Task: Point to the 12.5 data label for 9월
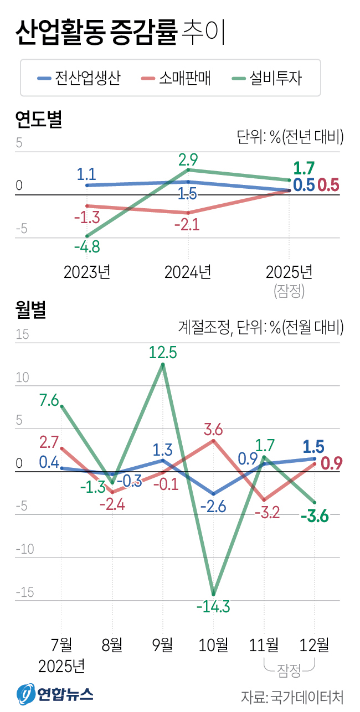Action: click(x=163, y=352)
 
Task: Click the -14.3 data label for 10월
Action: click(x=213, y=606)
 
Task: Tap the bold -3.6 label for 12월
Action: click(x=315, y=517)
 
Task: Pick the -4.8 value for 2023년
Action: click(x=87, y=247)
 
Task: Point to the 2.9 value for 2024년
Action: click(x=188, y=160)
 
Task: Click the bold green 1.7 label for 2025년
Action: click(x=304, y=168)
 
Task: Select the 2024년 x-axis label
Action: click(x=188, y=272)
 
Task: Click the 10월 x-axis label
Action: click(x=213, y=644)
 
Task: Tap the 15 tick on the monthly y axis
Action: click(x=22, y=335)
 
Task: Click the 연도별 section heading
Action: click(x=38, y=118)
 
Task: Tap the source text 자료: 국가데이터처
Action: click(x=292, y=696)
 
